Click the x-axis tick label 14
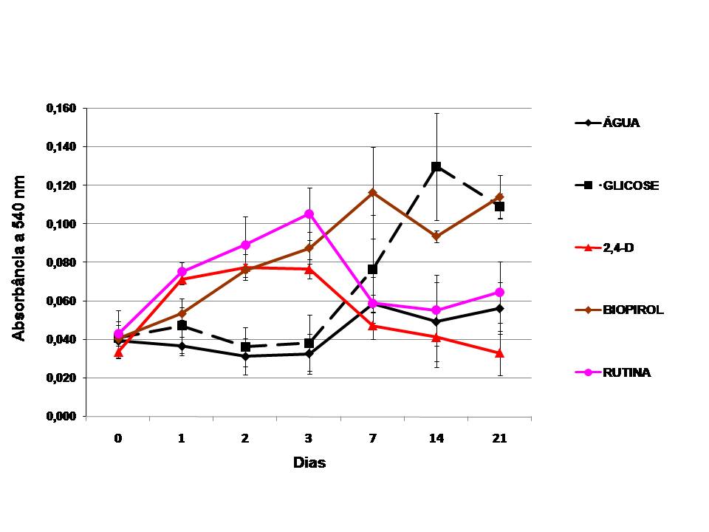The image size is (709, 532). [x=436, y=438]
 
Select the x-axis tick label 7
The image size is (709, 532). [x=372, y=438]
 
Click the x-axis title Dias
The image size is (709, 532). [x=309, y=464]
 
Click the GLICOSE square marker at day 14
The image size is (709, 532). [x=436, y=167]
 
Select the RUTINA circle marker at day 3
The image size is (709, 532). [x=309, y=214]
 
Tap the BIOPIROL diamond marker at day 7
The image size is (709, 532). [x=372, y=193]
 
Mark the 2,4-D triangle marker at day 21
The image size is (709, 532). [x=500, y=353]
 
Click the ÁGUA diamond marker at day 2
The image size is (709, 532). [x=245, y=356]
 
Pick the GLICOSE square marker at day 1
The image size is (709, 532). [x=182, y=326]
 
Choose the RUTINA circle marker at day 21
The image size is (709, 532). [x=500, y=292]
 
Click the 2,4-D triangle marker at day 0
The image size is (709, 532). [x=118, y=352]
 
